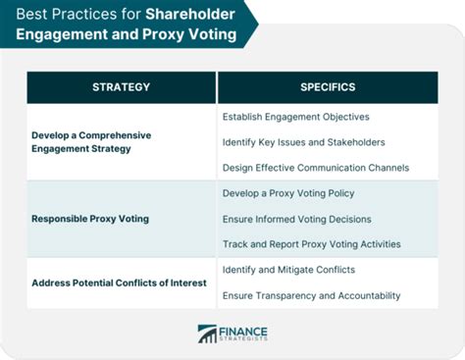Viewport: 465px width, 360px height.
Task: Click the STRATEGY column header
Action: (122, 86)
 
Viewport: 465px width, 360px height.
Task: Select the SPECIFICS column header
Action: (328, 86)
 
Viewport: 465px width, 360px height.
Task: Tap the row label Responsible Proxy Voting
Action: (90, 218)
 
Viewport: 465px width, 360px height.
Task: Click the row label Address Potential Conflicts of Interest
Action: (119, 283)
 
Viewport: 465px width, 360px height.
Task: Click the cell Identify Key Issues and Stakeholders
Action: (304, 142)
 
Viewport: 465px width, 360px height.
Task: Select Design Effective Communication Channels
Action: (316, 167)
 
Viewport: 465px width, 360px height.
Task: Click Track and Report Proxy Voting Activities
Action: (312, 242)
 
